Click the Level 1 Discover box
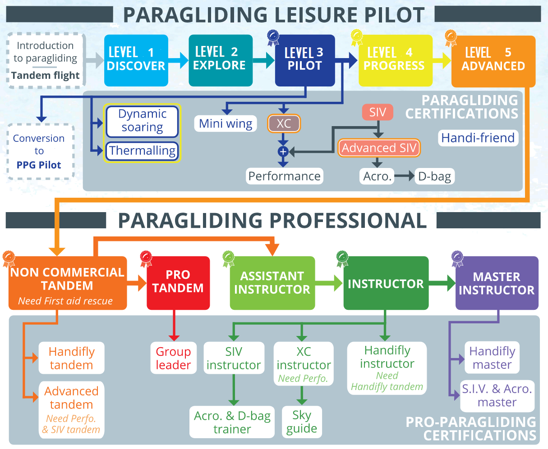[x=136, y=60]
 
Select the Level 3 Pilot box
[x=305, y=60]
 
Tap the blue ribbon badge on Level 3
[x=273, y=38]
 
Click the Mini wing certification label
[x=225, y=123]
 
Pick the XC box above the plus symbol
[x=284, y=123]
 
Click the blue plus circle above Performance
[x=283, y=151]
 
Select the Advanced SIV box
[x=379, y=148]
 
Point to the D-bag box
[x=434, y=177]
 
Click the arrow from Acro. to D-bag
[x=404, y=176]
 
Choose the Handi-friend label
[x=478, y=138]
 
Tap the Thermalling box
[x=142, y=151]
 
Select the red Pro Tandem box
[x=178, y=283]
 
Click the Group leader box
[x=173, y=358]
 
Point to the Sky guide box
[x=302, y=422]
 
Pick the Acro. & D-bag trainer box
[x=232, y=422]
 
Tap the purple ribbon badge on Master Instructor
[x=457, y=259]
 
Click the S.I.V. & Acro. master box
[x=497, y=396]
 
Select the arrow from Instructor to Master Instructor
[x=442, y=283]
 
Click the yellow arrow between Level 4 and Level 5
[x=442, y=61]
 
